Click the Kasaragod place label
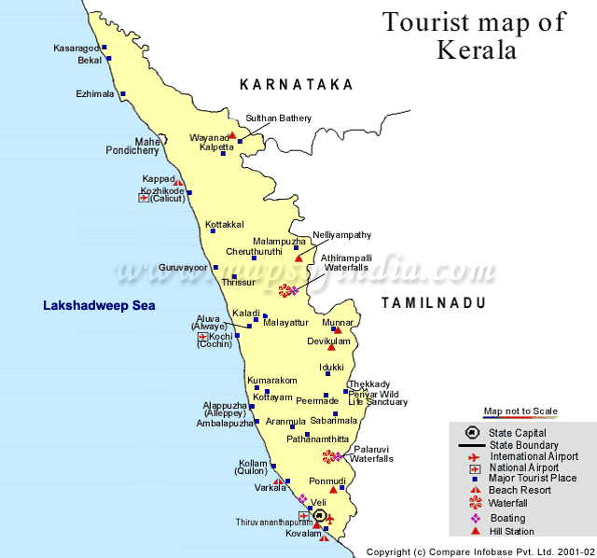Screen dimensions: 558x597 click(x=76, y=48)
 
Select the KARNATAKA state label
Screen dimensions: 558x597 click(x=297, y=85)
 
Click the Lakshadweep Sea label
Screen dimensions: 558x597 click(x=99, y=305)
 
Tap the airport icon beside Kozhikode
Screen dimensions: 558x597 click(x=144, y=198)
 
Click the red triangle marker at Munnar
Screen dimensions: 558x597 click(x=339, y=330)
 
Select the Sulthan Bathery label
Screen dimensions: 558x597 click(x=278, y=119)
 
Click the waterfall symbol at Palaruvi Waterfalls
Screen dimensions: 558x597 click(x=328, y=456)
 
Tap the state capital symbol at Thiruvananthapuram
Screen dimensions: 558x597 click(x=319, y=515)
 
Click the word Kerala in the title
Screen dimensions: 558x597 click(x=476, y=49)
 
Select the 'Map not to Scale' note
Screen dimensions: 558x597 click(x=520, y=412)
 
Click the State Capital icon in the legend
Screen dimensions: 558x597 click(x=474, y=432)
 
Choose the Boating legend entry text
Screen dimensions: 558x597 click(x=507, y=518)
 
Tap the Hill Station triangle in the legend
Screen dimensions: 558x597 click(x=475, y=531)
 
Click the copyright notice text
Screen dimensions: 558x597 click(x=479, y=551)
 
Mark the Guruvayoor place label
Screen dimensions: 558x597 click(x=182, y=267)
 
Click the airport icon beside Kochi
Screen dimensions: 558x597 click(x=202, y=336)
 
